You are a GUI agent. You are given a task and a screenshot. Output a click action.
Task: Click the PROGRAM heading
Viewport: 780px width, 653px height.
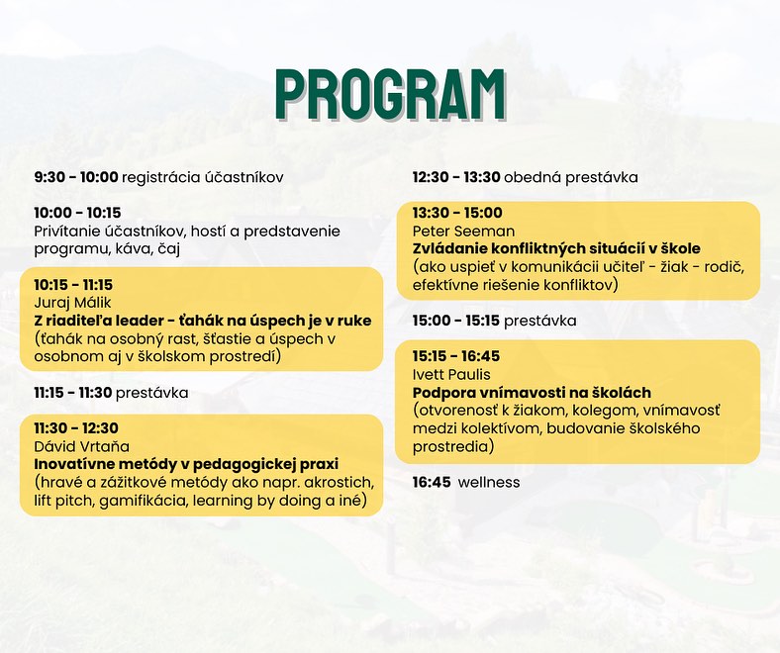click(x=391, y=95)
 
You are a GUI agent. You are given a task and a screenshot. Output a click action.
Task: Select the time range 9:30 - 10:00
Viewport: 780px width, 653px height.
click(x=76, y=177)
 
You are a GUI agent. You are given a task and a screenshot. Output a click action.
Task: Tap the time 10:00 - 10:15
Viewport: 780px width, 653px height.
click(x=77, y=213)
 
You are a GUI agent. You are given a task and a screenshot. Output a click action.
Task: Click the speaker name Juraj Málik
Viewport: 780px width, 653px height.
click(x=72, y=303)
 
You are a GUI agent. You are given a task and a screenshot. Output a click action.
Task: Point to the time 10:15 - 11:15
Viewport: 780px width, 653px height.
click(x=73, y=285)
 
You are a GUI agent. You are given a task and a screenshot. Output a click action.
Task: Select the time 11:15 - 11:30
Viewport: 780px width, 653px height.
click(x=72, y=393)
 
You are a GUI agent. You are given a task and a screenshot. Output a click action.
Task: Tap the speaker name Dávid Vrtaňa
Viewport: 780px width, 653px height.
click(x=81, y=446)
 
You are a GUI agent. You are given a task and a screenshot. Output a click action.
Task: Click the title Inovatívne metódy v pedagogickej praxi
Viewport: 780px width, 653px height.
click(x=186, y=464)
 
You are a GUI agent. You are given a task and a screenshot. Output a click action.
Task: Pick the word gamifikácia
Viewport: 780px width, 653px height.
click(x=143, y=501)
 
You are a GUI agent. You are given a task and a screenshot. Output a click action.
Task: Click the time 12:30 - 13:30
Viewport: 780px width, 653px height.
click(x=456, y=177)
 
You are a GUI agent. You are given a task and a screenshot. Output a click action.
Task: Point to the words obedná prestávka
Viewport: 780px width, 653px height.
click(x=571, y=177)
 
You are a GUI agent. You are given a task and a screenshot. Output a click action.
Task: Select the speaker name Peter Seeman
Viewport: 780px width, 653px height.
click(x=463, y=232)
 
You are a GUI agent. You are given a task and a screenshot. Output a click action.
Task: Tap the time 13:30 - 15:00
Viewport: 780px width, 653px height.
click(x=457, y=213)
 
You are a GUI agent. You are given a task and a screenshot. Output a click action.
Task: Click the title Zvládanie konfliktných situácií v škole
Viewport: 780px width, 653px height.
click(x=556, y=248)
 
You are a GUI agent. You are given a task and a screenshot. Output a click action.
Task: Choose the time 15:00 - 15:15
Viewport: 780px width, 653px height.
click(x=455, y=321)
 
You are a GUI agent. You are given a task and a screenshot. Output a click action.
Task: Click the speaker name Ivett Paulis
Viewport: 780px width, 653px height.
click(x=451, y=375)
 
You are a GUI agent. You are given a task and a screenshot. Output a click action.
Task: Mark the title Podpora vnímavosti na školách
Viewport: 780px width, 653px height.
click(x=532, y=393)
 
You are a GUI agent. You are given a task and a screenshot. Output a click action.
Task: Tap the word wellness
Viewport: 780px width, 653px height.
click(x=489, y=483)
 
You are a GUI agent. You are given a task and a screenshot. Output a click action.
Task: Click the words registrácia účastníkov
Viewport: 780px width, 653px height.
click(x=203, y=177)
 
